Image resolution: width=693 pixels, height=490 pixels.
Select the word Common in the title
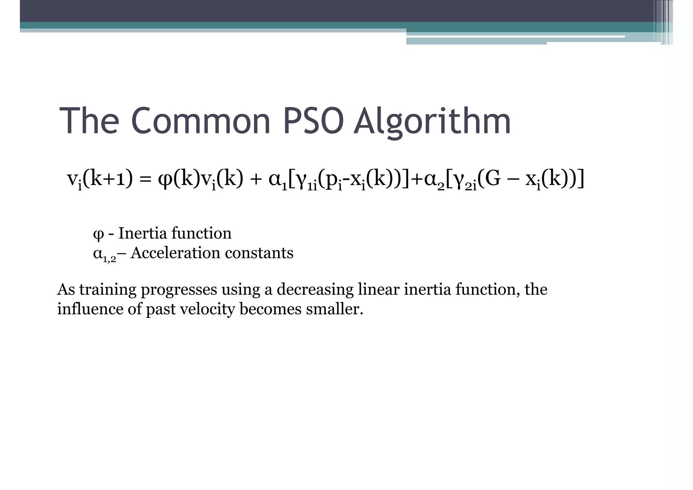pos(201,121)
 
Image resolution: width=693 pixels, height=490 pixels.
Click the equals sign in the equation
pos(145,180)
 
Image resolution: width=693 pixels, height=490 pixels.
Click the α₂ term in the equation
pos(434,181)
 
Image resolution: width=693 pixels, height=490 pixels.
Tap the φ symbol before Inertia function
pos(98,234)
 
